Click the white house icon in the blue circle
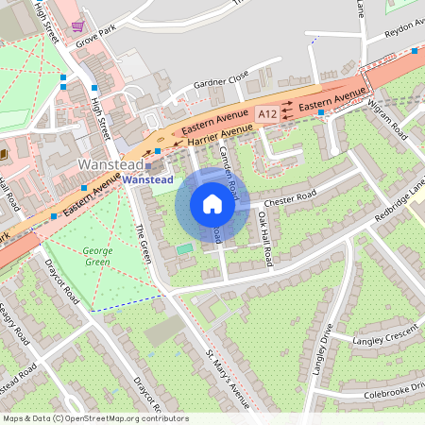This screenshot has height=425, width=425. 212,204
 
